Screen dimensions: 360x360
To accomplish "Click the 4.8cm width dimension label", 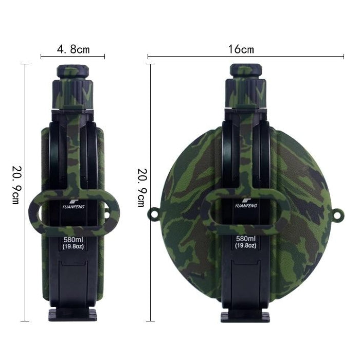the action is (x=73, y=49).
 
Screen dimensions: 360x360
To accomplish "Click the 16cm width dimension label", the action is (x=241, y=49).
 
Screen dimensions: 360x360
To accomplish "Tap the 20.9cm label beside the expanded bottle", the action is (x=142, y=188).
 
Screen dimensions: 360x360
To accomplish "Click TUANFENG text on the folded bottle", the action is (x=74, y=207).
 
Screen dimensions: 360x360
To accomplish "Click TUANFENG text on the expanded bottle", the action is (x=246, y=206).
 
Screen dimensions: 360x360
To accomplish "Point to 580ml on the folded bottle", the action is (x=73, y=240).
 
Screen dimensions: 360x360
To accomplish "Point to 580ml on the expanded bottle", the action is (x=245, y=239).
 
